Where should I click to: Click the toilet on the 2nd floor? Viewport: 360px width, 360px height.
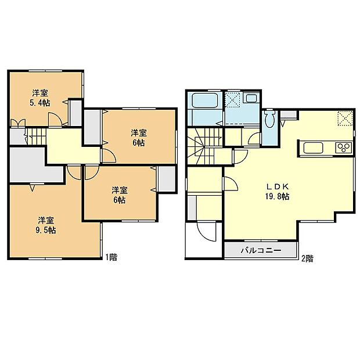click(x=269, y=120)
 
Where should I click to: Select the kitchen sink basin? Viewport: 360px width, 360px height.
click(x=314, y=147)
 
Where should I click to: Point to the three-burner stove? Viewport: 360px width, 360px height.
click(x=343, y=147)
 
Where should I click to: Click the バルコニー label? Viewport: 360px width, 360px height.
click(x=261, y=251)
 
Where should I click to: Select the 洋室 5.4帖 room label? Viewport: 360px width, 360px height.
click(x=39, y=97)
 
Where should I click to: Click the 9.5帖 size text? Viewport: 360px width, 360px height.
click(x=47, y=230)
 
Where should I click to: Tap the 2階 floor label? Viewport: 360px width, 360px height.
click(x=307, y=258)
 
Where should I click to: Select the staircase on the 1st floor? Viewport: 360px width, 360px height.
click(x=36, y=138)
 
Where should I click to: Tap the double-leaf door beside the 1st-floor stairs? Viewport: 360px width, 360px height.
click(x=19, y=123)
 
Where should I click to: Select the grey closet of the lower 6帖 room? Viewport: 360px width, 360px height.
click(x=166, y=179)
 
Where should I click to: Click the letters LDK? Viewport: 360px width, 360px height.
click(x=278, y=187)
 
